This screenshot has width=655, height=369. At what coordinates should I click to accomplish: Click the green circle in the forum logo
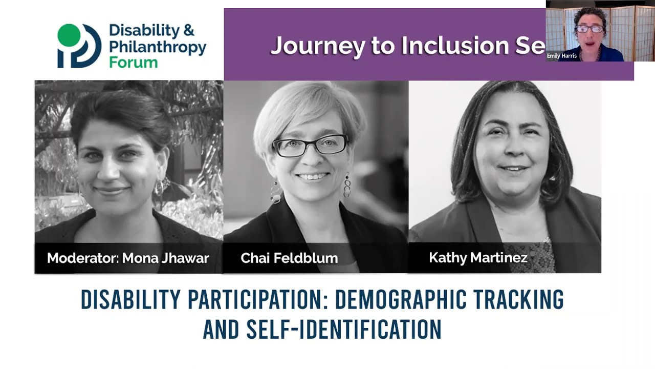point(69,34)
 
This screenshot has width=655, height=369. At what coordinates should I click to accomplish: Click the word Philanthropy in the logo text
point(157,47)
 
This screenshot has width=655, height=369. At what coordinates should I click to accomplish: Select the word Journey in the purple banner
point(317,46)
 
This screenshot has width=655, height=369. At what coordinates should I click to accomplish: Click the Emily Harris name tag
point(562,56)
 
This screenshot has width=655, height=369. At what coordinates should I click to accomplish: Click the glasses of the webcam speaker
point(590,29)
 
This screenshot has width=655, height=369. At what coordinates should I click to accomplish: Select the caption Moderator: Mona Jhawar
point(128,258)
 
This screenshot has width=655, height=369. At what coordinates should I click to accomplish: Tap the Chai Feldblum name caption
point(289,258)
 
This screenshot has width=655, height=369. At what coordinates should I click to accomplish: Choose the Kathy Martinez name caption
point(478,257)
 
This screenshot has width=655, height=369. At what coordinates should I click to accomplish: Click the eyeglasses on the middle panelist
point(311,146)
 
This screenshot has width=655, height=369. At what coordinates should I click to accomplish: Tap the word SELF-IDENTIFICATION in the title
point(343,330)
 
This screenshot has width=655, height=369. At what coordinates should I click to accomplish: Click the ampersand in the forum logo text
point(188,30)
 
